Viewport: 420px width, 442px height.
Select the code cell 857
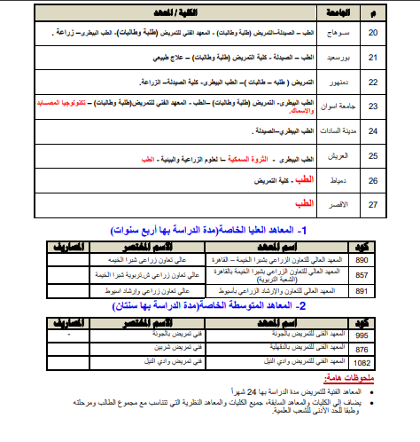pyautogui.click(x=362, y=275)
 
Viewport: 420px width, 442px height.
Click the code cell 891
pyautogui.click(x=362, y=290)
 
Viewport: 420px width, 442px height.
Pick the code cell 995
pyautogui.click(x=362, y=335)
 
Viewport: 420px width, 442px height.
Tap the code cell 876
pyautogui.click(x=362, y=350)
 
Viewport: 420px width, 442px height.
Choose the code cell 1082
pyautogui.click(x=362, y=363)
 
